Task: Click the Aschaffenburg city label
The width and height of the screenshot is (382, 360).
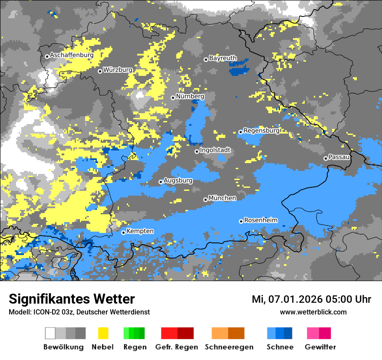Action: [72, 56]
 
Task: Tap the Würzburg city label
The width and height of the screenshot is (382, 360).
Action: [118, 70]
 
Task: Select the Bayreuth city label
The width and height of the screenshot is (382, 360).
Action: [223, 58]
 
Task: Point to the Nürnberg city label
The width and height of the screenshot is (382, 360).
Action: [190, 96]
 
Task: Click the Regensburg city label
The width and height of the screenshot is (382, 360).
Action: [261, 131]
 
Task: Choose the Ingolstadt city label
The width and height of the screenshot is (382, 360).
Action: [215, 151]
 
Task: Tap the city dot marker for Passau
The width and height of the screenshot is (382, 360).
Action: [326, 158]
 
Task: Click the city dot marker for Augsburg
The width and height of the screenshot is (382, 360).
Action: [161, 182]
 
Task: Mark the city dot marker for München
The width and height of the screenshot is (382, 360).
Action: [205, 200]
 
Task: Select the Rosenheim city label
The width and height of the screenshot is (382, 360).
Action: [260, 220]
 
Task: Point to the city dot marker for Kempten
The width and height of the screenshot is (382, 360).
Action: [123, 232]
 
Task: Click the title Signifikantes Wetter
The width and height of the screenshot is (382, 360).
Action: [72, 299]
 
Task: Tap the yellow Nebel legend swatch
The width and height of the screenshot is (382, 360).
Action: [103, 333]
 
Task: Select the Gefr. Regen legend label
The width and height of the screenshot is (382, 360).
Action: [177, 347]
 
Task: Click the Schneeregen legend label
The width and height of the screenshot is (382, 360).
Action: [229, 347]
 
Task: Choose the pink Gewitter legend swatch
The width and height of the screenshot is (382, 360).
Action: [319, 333]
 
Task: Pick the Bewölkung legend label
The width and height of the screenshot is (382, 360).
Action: [63, 347]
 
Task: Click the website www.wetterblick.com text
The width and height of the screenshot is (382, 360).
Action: [313, 312]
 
